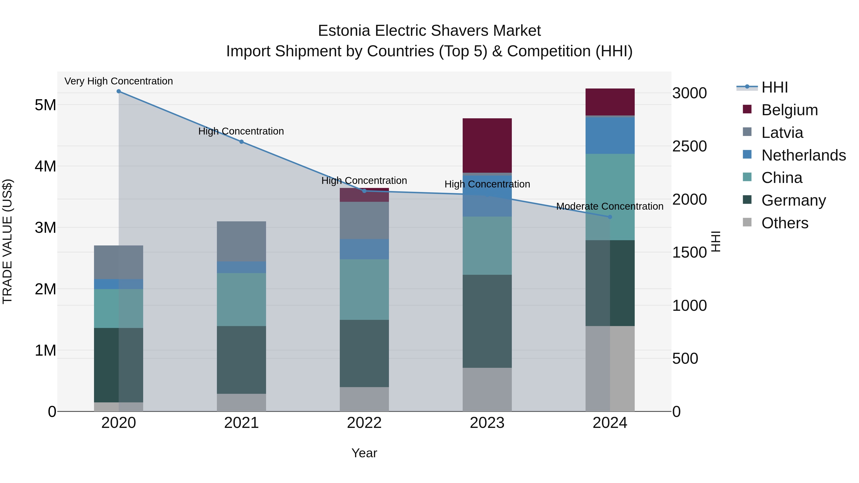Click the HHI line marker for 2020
click(119, 91)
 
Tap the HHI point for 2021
click(241, 142)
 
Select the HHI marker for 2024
click(610, 217)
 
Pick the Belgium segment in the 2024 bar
click(610, 102)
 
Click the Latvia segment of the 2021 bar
click(241, 241)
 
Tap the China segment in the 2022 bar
click(364, 289)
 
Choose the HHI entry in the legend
click(774, 87)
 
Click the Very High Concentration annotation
click(119, 81)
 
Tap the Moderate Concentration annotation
click(610, 206)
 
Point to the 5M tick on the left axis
click(45, 105)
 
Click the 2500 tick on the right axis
click(689, 146)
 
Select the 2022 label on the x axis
click(364, 423)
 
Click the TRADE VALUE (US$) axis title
click(7, 241)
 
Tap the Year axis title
click(364, 453)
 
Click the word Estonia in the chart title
click(344, 31)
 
